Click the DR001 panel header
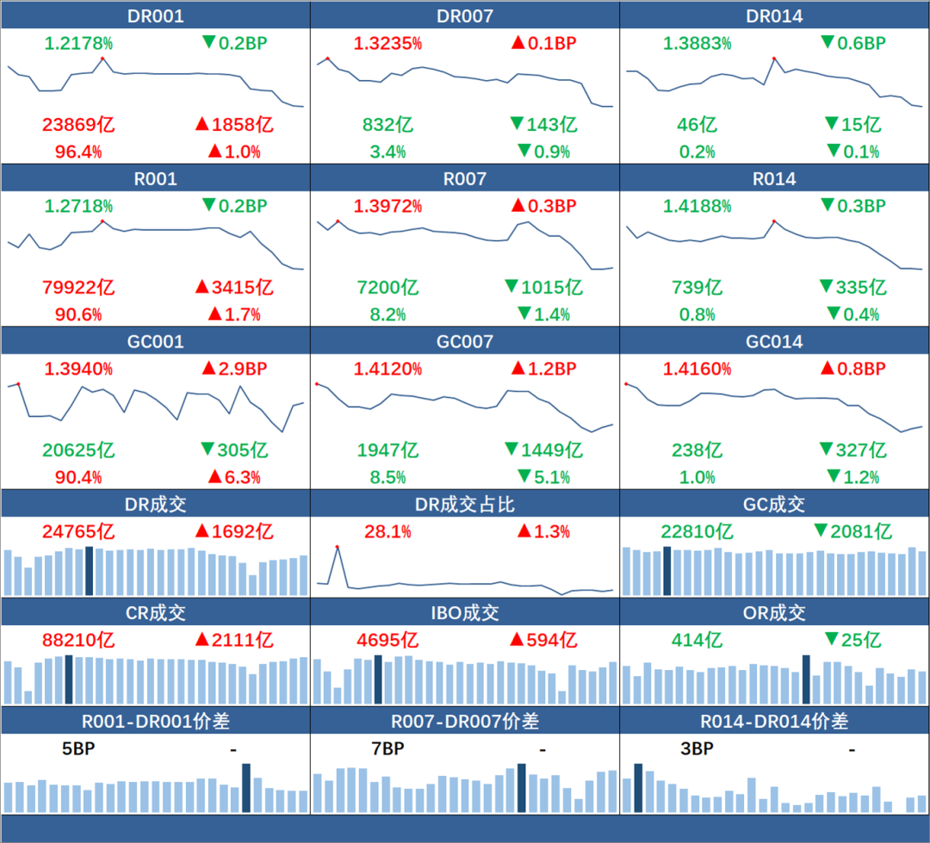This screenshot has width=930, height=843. [x=155, y=16]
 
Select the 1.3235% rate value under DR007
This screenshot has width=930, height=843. [x=387, y=43]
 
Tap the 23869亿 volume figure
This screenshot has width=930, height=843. [x=78, y=125]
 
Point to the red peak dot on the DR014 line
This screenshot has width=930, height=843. [x=774, y=59]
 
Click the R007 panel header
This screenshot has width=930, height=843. [x=465, y=179]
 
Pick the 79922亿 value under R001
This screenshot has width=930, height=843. [x=78, y=288]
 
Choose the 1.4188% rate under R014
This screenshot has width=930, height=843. [x=697, y=207]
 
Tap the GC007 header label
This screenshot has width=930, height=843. [x=465, y=342]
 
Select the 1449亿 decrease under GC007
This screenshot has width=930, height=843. [x=546, y=449]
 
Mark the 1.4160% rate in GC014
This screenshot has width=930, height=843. [x=697, y=369]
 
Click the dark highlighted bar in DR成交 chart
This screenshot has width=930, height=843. [x=89, y=570]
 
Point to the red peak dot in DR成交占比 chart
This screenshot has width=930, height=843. [x=337, y=547]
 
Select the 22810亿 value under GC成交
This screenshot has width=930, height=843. [x=697, y=531]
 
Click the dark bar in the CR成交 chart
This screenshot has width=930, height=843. [x=69, y=679]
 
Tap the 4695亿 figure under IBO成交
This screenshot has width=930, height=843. [x=387, y=640]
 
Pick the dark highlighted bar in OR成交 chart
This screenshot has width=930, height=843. [x=806, y=679]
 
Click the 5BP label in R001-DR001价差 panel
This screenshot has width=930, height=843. [x=78, y=748]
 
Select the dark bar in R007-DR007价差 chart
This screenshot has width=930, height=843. [x=521, y=787]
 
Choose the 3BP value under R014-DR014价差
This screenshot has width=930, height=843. [x=697, y=748]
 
